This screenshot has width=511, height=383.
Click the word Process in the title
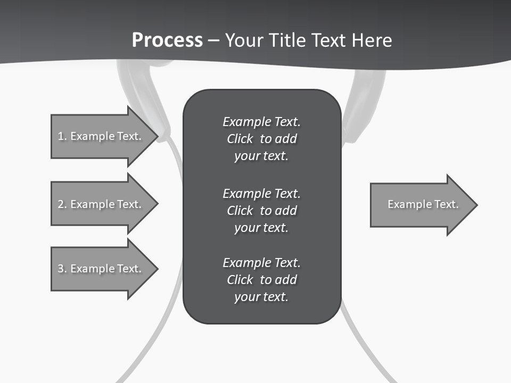167,40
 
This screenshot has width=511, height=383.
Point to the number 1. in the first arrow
62,136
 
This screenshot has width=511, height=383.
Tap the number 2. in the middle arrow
62,204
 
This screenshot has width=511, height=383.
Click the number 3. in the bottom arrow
62,269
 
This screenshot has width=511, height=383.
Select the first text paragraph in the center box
261,139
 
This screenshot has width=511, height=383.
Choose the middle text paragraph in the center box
261,210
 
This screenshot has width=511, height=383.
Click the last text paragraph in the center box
261,280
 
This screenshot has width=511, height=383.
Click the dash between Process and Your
213,40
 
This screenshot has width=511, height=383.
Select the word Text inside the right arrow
447,204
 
